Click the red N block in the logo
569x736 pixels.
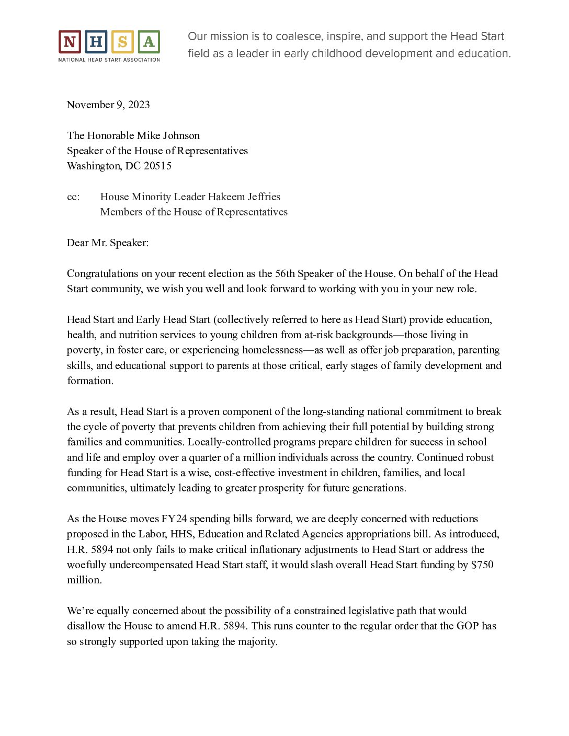tap(70, 42)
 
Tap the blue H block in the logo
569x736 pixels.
tap(96, 42)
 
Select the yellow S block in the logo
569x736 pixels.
tap(122, 42)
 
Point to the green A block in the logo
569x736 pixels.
tap(149, 42)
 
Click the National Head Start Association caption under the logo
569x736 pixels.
tap(109, 60)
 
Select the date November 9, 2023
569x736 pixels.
tap(108, 105)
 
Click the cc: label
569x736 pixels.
tap(73, 197)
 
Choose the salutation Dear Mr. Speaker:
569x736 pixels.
tap(108, 243)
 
